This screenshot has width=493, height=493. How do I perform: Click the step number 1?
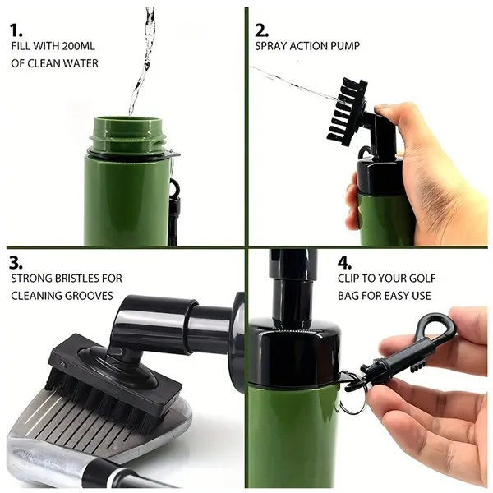pyautogui.click(x=16, y=31)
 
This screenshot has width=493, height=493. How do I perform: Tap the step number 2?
pyautogui.click(x=261, y=31)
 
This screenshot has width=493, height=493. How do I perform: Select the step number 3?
pyautogui.click(x=16, y=263)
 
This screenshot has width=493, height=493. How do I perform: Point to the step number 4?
pyautogui.click(x=344, y=263)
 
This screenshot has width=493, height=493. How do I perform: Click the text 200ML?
pyautogui.click(x=78, y=46)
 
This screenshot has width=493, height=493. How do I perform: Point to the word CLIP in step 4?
pyautogui.click(x=348, y=279)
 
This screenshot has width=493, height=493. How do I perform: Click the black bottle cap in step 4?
pyautogui.click(x=294, y=352)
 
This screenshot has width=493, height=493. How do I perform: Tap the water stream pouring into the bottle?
pyautogui.click(x=143, y=60)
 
